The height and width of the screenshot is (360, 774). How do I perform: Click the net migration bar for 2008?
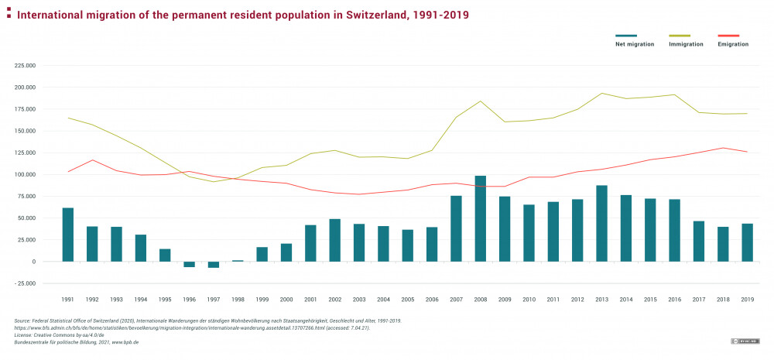480,218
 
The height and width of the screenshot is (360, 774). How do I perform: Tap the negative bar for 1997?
214,265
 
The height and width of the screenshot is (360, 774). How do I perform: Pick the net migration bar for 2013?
601,224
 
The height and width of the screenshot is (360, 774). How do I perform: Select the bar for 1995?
165,255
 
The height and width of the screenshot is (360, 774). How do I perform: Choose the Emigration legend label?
733,44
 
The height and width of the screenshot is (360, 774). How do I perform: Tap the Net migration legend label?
635,44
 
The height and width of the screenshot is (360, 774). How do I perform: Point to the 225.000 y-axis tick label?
26,66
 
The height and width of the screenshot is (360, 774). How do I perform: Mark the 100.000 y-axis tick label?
26,174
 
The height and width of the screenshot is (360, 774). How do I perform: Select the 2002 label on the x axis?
334,299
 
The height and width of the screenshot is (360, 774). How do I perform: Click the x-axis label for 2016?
674,299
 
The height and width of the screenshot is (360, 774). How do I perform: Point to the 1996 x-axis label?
189,299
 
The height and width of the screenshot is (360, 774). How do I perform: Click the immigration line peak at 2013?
601,94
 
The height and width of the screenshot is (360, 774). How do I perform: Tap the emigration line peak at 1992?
92,160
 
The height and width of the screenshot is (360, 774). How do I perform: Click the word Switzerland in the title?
372,15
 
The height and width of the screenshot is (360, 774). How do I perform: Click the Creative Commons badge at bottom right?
744,341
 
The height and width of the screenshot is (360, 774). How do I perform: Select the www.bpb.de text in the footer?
124,341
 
